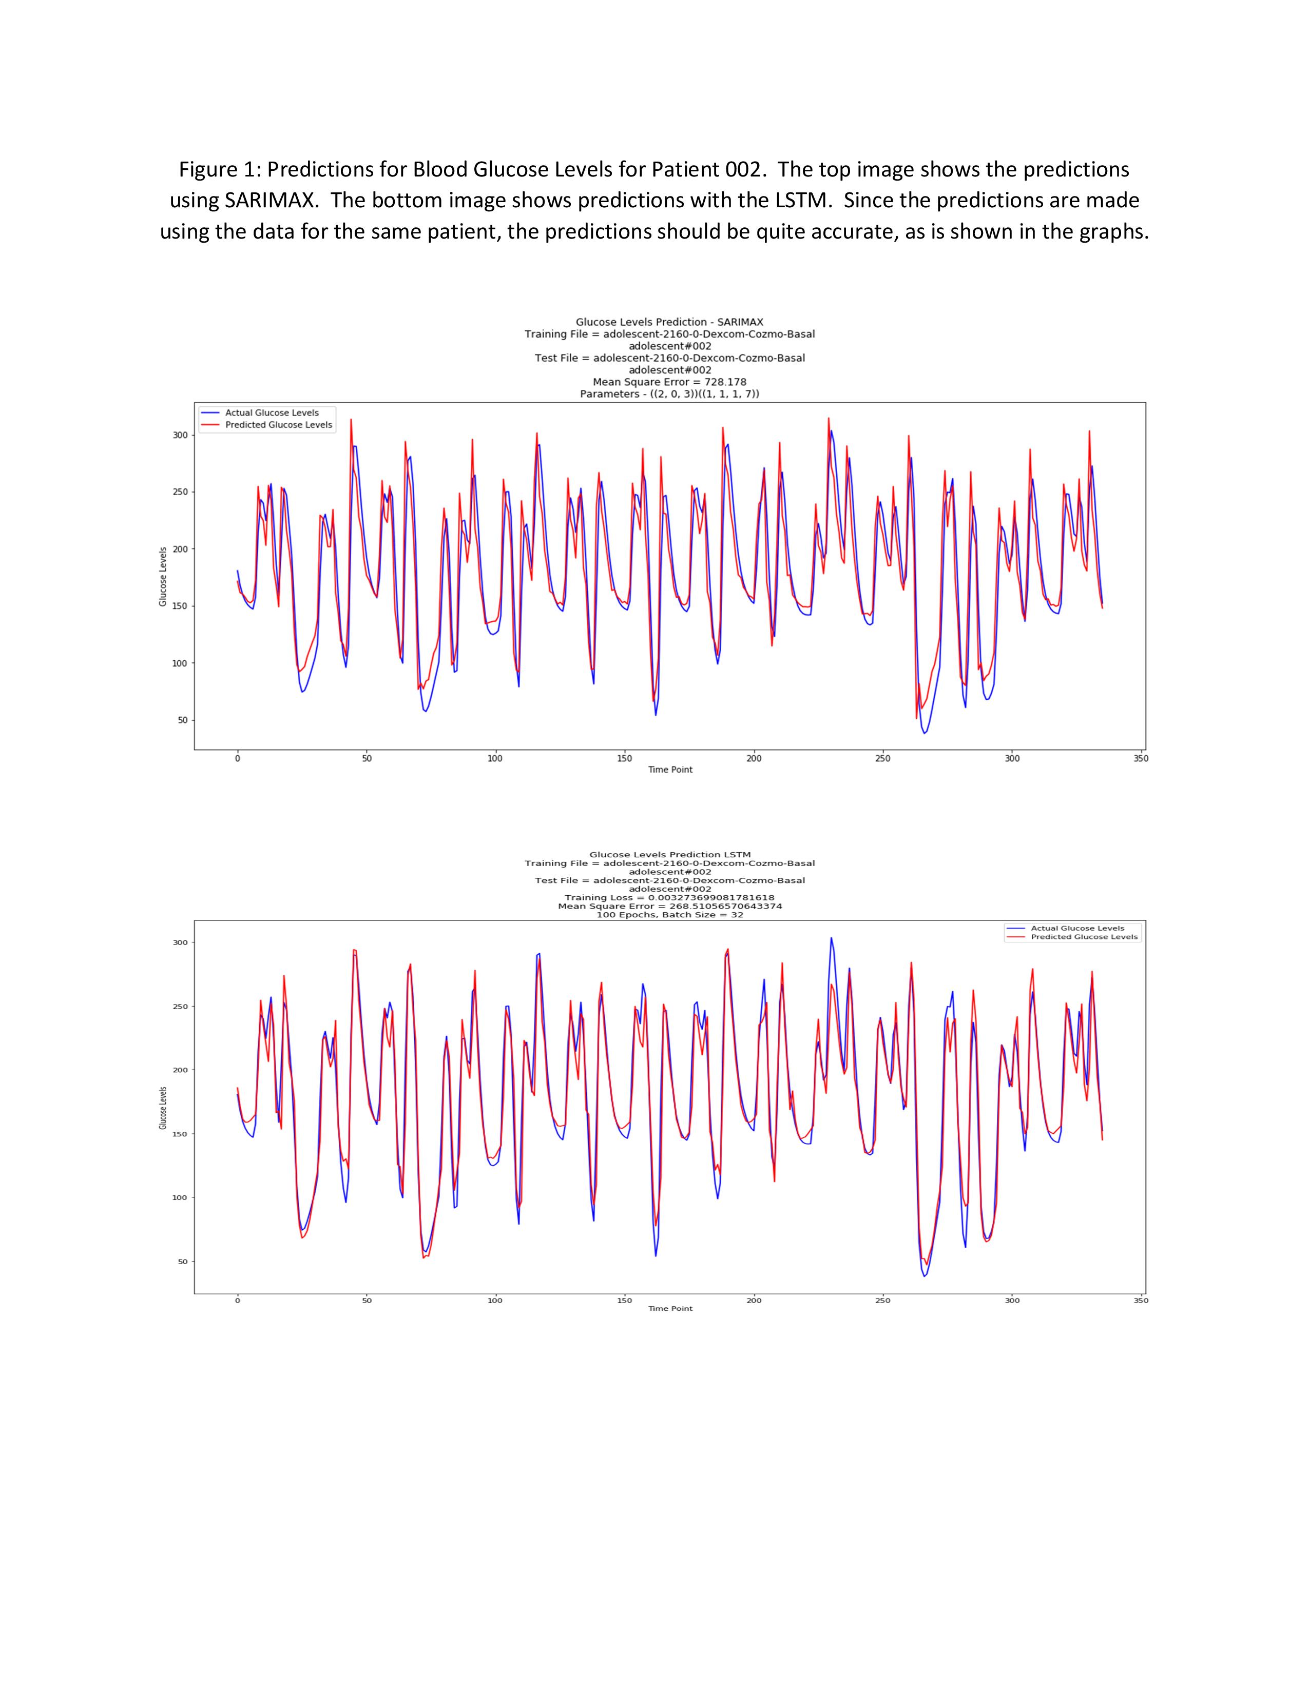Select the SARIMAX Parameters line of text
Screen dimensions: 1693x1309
669,394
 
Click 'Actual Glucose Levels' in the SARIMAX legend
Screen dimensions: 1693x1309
272,413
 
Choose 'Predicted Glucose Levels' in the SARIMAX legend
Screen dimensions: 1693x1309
278,425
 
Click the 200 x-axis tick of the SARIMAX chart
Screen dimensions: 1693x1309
754,759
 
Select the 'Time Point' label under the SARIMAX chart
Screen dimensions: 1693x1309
670,770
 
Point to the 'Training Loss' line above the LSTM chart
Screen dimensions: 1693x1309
669,898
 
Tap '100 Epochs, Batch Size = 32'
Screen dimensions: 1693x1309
669,915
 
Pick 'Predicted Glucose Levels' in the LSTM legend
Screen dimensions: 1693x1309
1083,937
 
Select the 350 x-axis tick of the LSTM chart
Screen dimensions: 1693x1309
1141,1301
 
